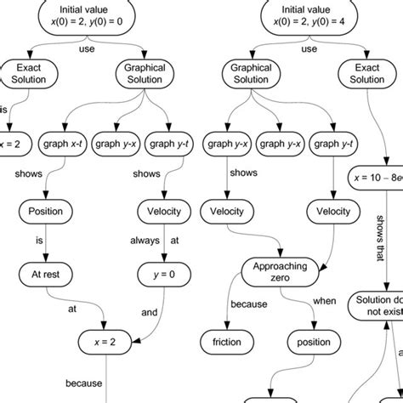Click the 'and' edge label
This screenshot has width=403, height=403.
150,312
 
